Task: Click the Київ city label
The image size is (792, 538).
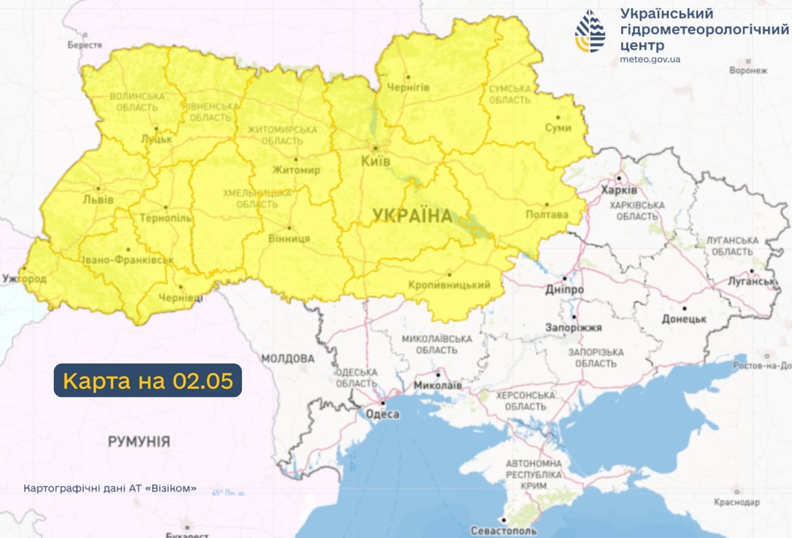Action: pos(376,161)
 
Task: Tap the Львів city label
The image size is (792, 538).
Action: pos(97,200)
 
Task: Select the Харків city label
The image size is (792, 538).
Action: pos(619,191)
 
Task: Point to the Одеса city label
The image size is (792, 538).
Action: pos(383,415)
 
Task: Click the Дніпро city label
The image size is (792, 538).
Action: pos(565,289)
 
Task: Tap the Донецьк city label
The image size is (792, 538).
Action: pos(684,319)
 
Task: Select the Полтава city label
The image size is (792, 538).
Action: pos(547,214)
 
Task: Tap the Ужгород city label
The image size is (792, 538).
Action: pos(25,279)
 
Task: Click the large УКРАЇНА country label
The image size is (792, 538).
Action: pos(412,216)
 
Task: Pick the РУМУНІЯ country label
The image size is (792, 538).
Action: pos(139,441)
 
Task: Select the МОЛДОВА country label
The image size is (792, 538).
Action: pos(287,359)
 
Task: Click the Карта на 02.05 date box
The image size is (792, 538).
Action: pos(148,380)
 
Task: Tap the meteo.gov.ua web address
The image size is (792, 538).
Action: pos(650,60)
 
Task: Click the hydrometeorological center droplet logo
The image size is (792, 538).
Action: pos(590,32)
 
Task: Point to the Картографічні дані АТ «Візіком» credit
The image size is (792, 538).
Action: pos(110,488)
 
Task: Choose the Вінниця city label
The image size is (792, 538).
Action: pos(289,238)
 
